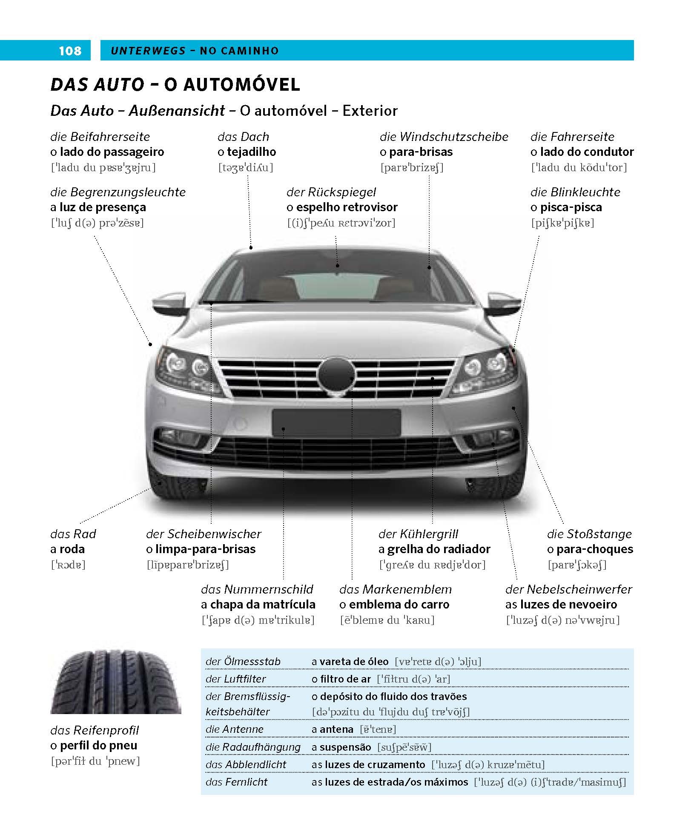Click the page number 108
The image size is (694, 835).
[70, 51]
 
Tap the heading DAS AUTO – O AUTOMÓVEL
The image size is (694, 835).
[175, 85]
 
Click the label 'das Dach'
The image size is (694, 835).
[243, 137]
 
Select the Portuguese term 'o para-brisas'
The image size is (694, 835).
[416, 152]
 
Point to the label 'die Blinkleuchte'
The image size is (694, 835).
[575, 192]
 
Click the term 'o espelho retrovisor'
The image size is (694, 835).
[342, 207]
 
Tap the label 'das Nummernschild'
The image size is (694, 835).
[257, 589]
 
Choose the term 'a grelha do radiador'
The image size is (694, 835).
[434, 549]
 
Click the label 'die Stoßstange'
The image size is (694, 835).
[589, 534]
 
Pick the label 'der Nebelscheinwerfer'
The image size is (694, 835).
[568, 589]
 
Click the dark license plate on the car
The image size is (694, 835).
[336, 423]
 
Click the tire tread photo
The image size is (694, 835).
[116, 681]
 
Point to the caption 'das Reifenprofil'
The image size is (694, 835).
[95, 731]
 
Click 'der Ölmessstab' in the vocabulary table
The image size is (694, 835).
[243, 662]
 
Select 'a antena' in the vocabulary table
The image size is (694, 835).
[332, 729]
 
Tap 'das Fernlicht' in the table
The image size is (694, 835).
[236, 782]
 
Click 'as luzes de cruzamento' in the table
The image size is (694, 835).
[368, 764]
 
